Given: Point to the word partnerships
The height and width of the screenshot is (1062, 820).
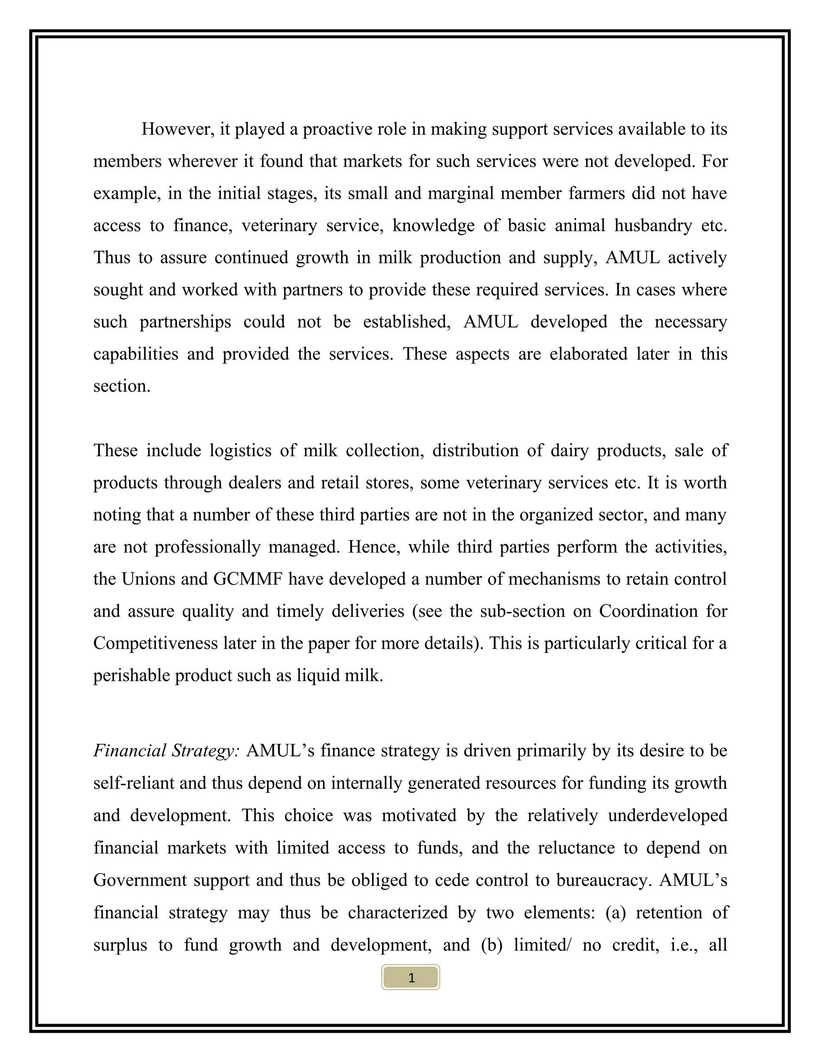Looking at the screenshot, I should click(x=185, y=322).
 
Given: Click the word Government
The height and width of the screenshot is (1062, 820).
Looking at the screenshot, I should click(x=140, y=880).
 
